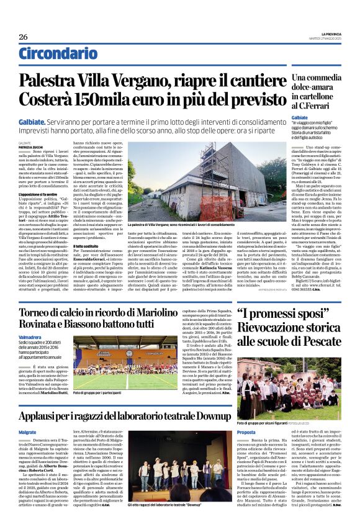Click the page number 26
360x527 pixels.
click(x=24, y=36)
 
